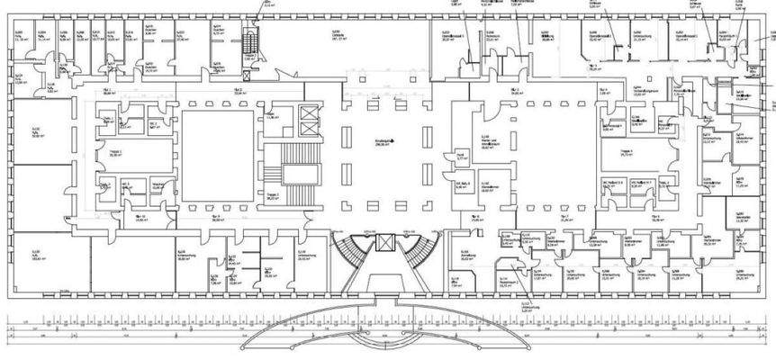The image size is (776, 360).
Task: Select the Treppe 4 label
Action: (625, 152)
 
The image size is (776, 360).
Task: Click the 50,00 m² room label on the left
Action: (37, 136)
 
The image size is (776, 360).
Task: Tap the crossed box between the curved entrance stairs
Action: (385, 243)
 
